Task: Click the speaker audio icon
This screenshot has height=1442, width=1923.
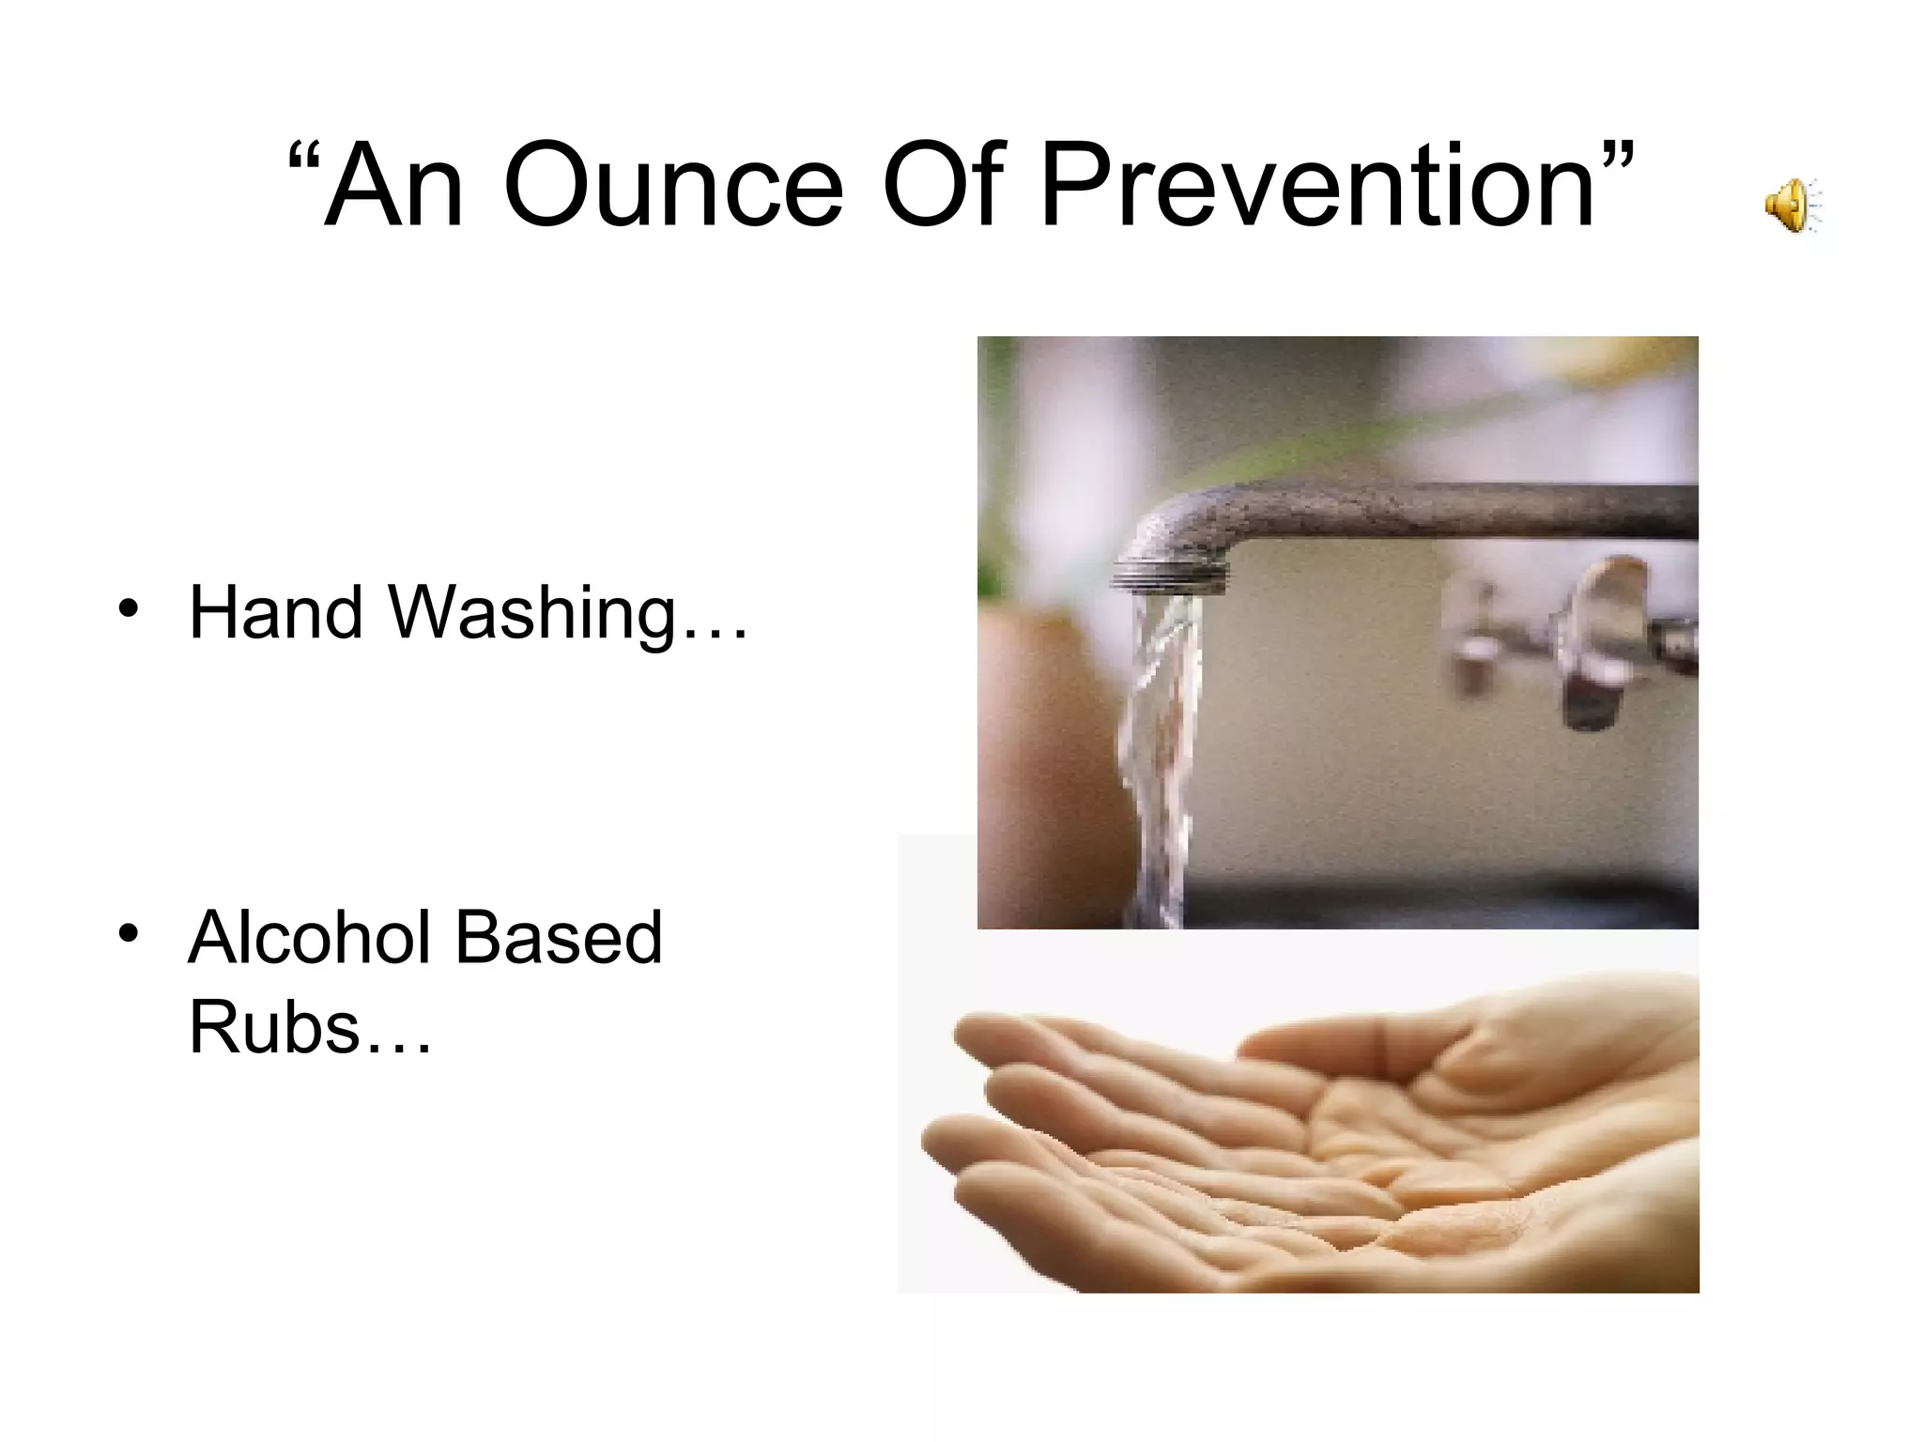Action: click(x=1792, y=205)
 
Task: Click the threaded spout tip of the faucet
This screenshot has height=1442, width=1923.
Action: click(x=1169, y=574)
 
